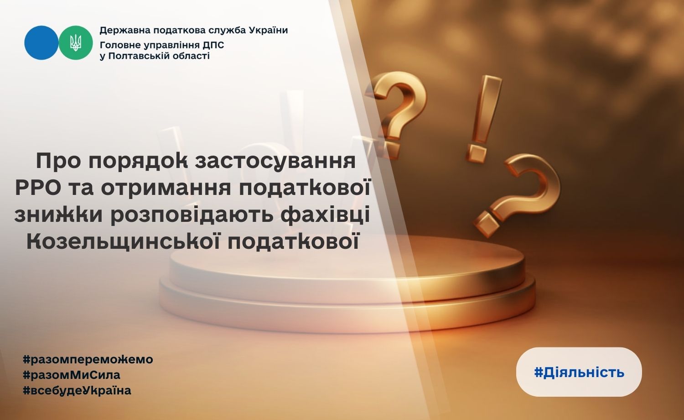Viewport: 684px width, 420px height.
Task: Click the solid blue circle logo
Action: (x=41, y=42)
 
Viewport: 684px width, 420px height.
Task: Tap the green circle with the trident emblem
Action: (x=75, y=42)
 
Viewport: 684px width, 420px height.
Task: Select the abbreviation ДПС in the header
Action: (x=214, y=45)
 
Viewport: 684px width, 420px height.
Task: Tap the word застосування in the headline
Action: (x=275, y=161)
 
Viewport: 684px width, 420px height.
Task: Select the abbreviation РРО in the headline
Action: (x=37, y=188)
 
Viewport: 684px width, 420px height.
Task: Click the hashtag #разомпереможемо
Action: (x=88, y=360)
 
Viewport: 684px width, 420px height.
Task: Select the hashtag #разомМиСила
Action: (x=72, y=375)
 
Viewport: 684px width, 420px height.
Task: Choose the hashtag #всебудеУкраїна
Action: (x=77, y=391)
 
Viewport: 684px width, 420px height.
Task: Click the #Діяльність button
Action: (x=579, y=372)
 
